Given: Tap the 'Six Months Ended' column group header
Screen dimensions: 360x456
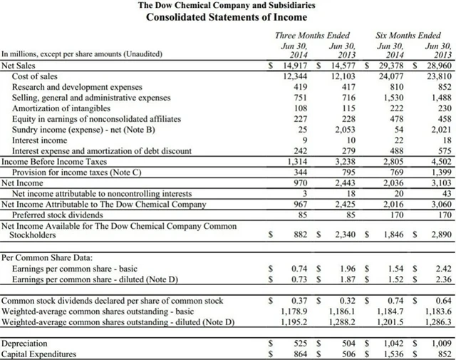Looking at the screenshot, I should (408, 34).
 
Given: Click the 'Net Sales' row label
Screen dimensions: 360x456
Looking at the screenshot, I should (19, 66).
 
